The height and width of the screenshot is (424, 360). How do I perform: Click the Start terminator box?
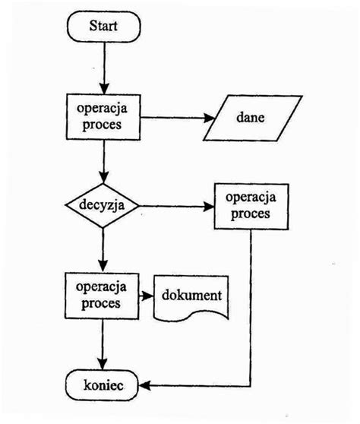104,27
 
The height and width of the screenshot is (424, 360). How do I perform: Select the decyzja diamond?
103,205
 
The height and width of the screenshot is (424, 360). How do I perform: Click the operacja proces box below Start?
104,116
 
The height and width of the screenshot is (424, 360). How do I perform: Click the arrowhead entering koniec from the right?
145,386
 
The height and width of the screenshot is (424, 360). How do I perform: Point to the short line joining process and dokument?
147,295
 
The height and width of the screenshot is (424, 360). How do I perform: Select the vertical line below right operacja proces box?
250,304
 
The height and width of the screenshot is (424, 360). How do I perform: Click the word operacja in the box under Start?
104,109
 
